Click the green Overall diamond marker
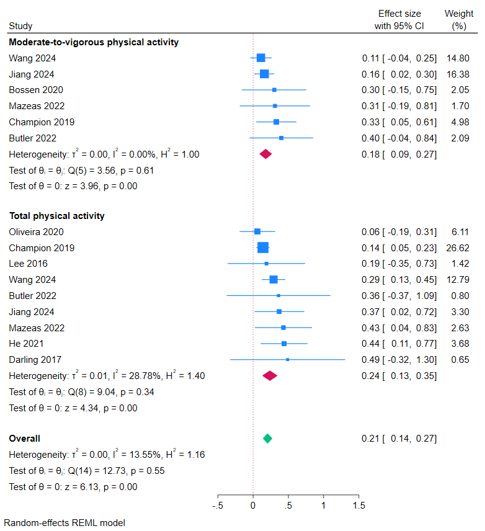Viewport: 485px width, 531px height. pos(267,439)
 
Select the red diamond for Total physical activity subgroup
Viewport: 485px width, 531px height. pos(270,375)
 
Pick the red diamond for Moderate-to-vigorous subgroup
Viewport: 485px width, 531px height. pos(265,154)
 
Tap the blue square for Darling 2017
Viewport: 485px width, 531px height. pos(287,359)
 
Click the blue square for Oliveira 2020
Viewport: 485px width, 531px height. pos(257,232)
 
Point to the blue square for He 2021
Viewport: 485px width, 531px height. pos(284,343)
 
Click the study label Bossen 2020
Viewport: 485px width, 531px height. pos(36,90)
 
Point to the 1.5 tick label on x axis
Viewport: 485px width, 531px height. pos(359,506)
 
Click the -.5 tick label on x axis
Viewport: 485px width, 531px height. pos(218,506)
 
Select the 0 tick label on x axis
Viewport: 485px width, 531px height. pos(253,506)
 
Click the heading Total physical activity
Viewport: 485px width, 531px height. pos(56,216)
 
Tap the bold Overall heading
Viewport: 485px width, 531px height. pos(24,439)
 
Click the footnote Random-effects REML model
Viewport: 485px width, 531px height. pos(65,523)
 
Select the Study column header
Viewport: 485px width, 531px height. pos(20,26)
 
